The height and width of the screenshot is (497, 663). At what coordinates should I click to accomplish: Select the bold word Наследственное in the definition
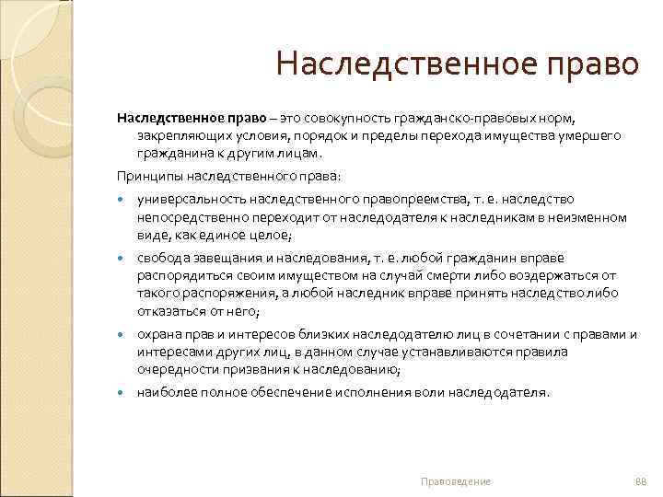(x=164, y=119)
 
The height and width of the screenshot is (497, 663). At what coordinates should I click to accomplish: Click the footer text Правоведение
(x=455, y=481)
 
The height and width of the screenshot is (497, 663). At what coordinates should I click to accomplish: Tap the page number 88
(x=642, y=481)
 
